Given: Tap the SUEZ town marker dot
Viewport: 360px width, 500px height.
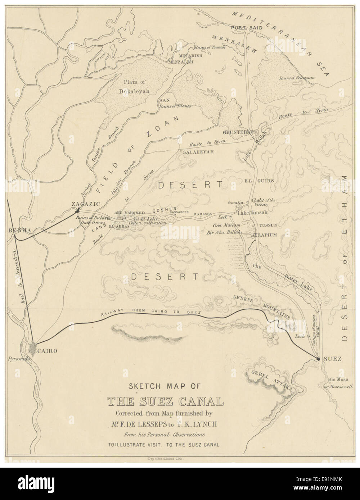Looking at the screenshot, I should pyautogui.click(x=318, y=359).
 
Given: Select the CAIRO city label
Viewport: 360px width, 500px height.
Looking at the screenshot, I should pyautogui.click(x=47, y=351).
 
